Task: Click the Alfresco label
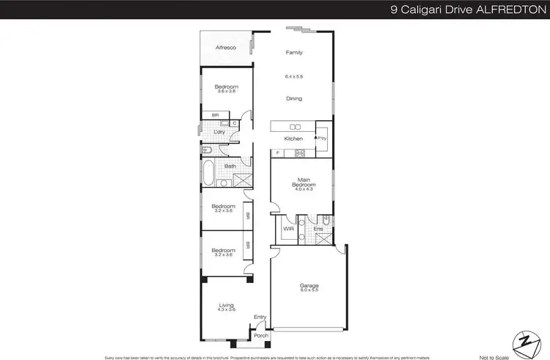click(224, 48)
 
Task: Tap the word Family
click(294, 53)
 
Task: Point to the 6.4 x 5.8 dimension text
click(294, 76)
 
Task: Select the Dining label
click(294, 98)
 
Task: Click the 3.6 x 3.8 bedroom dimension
click(227, 92)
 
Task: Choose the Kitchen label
click(293, 139)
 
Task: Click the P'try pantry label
click(321, 137)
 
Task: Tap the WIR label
click(288, 229)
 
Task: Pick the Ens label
click(318, 229)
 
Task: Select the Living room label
click(227, 305)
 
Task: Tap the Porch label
click(260, 336)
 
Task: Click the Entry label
click(260, 317)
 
